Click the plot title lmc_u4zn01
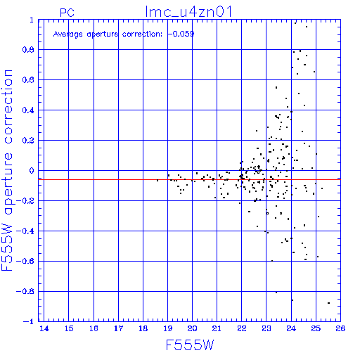188,12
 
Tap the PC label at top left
67,13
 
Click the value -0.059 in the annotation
181,34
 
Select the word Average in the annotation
68,34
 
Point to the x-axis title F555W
190,345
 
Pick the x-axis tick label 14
44,328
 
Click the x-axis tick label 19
167,328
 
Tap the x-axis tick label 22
242,328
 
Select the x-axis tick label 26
340,328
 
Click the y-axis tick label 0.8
28,50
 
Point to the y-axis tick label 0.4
28,110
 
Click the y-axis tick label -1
29,321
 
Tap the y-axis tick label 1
32,20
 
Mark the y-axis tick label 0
32,171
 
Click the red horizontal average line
189,179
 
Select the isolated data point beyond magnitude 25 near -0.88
328,303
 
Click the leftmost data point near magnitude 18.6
157,181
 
